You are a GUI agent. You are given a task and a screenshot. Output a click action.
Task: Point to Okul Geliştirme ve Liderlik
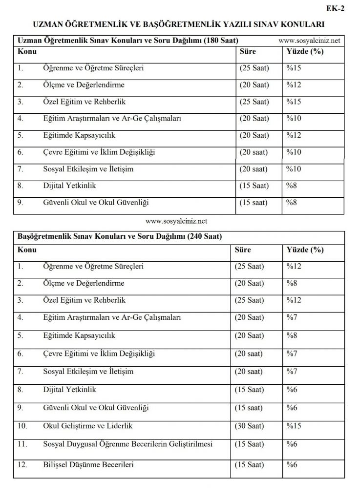(87, 426)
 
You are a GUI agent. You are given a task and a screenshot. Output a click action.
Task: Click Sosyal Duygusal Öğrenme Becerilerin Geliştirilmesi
(127, 444)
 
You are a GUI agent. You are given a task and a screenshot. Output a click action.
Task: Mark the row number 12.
(22, 464)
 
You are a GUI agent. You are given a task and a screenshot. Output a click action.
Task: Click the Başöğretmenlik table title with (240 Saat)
(120, 237)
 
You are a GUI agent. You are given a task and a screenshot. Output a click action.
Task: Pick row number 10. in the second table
(22, 426)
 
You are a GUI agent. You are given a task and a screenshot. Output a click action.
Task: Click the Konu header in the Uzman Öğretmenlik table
(26, 51)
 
